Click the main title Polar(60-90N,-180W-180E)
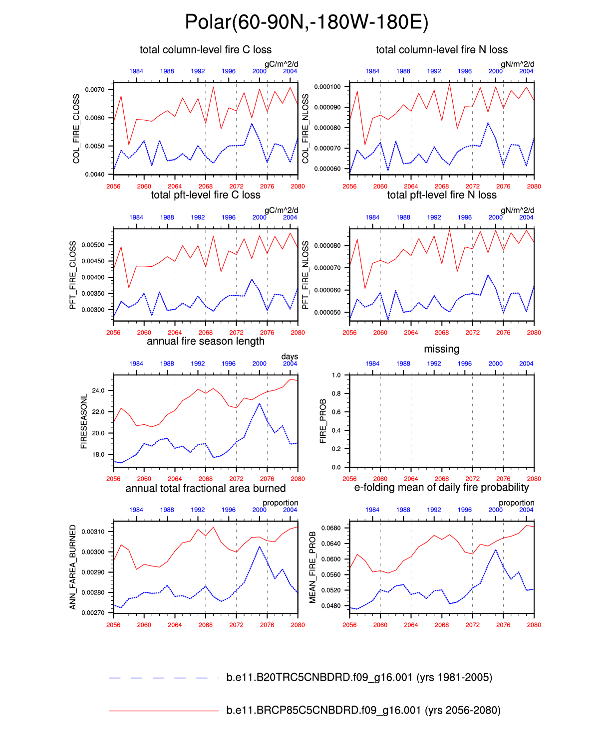pyautogui.click(x=306, y=22)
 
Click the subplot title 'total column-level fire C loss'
pyautogui.click(x=206, y=50)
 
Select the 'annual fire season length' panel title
pyautogui.click(x=206, y=342)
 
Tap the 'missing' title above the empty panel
pyautogui.click(x=441, y=349)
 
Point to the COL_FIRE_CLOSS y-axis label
pyautogui.click(x=76, y=129)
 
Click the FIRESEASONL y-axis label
pyautogui.click(x=84, y=421)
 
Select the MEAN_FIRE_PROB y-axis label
pyautogui.click(x=313, y=567)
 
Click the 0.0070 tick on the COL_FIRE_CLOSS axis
pyautogui.click(x=95, y=90)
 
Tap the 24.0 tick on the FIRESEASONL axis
pyautogui.click(x=98, y=391)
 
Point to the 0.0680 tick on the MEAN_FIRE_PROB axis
pyautogui.click(x=331, y=528)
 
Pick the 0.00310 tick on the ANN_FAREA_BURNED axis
pyautogui.click(x=93, y=532)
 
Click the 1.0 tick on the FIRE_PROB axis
pyautogui.click(x=336, y=375)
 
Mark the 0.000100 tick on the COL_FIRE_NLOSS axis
pyautogui.click(x=327, y=87)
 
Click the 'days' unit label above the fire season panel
pyautogui.click(x=290, y=357)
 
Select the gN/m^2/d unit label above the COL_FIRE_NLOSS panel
pyautogui.click(x=517, y=64)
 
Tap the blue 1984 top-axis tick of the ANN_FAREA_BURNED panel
pyautogui.click(x=136, y=510)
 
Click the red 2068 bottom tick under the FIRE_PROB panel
pyautogui.click(x=442, y=479)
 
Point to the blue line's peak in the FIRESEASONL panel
pyautogui.click(x=259, y=404)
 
